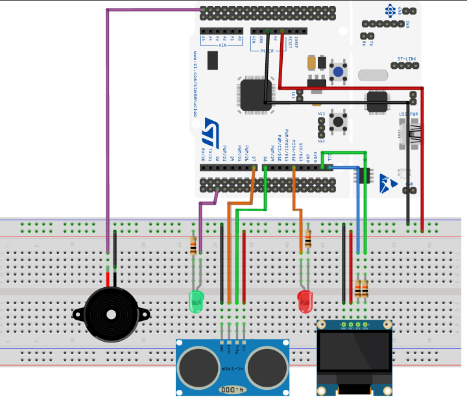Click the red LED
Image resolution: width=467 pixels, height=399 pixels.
(x=304, y=301)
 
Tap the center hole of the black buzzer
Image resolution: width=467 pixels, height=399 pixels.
(x=112, y=315)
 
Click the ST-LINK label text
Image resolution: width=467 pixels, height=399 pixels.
(x=407, y=58)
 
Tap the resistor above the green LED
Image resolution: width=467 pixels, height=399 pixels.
(x=193, y=245)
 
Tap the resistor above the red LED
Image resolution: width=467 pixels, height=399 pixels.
(x=307, y=238)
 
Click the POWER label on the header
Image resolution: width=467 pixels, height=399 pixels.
(x=267, y=49)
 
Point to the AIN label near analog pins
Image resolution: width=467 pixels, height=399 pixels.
(x=222, y=46)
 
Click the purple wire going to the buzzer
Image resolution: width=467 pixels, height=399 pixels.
(x=108, y=130)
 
